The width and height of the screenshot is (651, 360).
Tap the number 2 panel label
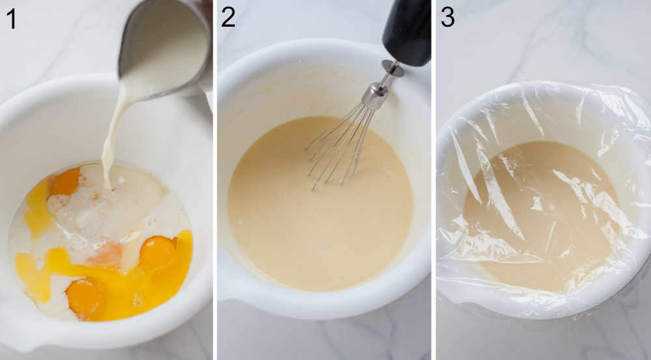pos(227,17)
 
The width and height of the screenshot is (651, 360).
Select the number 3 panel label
pos(448,17)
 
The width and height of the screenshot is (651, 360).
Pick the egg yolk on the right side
pos(157,251)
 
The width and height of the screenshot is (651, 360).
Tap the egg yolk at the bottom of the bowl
pos(84,297)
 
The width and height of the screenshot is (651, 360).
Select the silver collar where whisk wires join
pos(375,96)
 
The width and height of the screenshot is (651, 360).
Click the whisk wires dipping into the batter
pos(339,146)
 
